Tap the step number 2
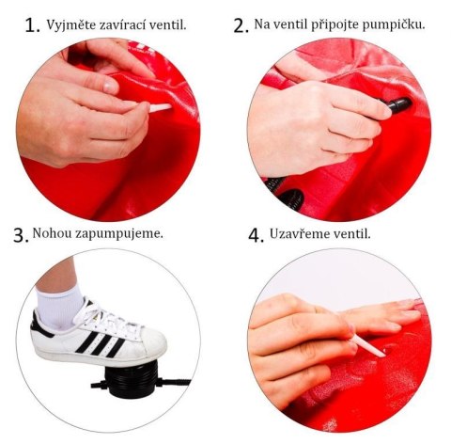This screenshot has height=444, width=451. [x=241, y=25]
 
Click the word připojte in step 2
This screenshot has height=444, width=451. [x=343, y=24]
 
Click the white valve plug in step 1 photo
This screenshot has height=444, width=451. [x=158, y=109]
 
